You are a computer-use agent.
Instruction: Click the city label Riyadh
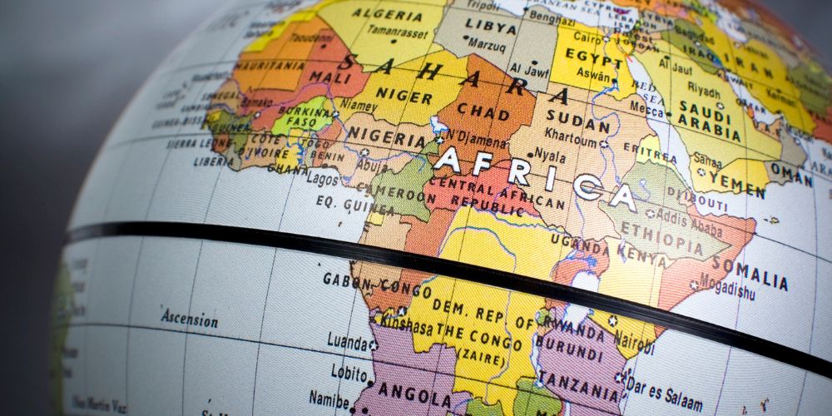704,90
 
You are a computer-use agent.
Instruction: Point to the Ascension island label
189,319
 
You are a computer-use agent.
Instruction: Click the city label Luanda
347,341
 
